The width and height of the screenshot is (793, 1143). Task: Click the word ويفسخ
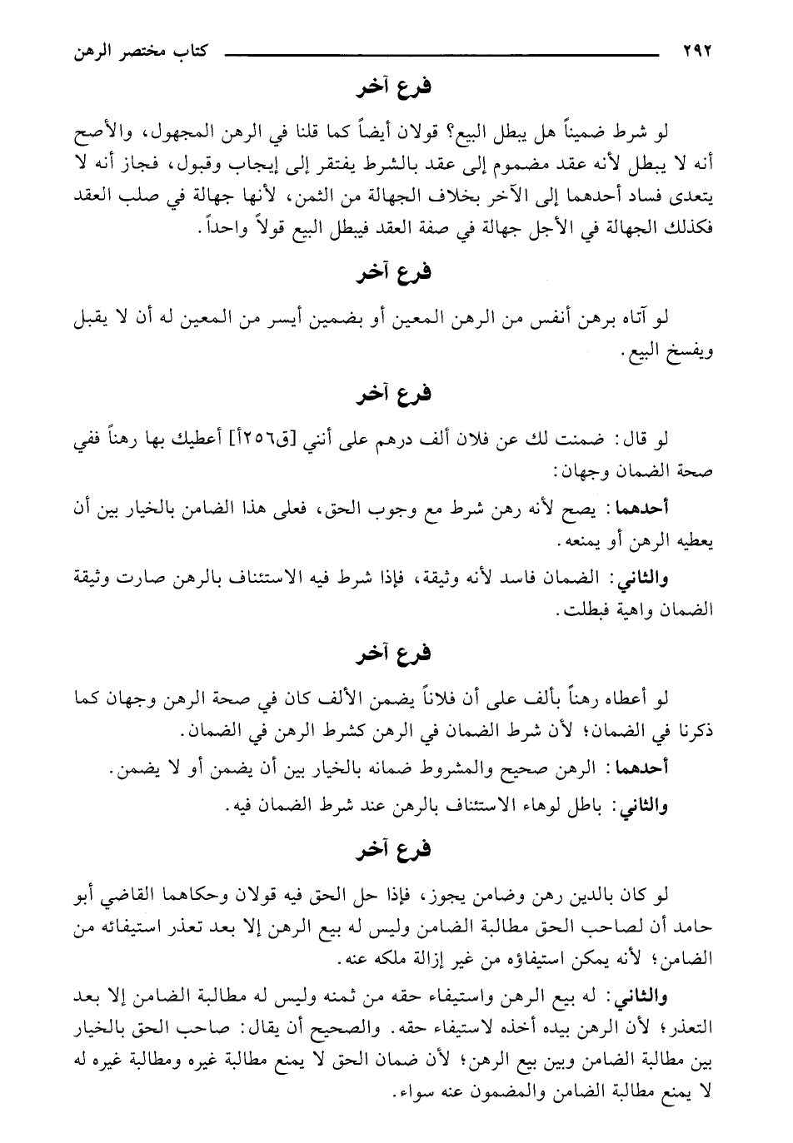point(696,354)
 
